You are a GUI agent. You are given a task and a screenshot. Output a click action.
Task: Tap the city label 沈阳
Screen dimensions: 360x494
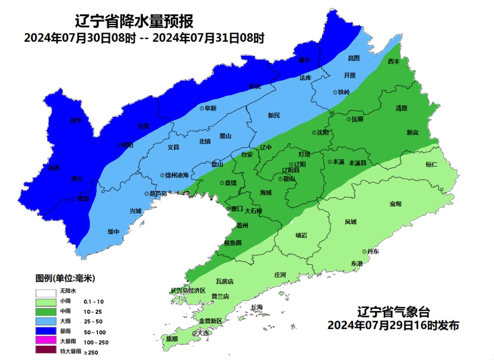[323, 133]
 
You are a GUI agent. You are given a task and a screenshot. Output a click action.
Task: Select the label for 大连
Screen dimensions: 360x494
[202, 333]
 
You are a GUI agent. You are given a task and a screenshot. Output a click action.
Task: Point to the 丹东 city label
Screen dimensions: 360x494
[373, 252]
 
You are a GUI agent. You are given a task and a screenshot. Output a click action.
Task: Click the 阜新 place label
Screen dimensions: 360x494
[210, 108]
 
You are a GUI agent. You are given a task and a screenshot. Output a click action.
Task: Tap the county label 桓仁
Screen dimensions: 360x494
[431, 164]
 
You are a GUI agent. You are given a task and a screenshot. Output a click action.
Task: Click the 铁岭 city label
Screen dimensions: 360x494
[344, 92]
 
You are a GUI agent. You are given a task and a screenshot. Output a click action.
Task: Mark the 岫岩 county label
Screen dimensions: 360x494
[301, 235]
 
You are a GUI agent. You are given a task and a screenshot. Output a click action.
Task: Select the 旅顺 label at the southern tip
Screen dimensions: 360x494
[172, 339]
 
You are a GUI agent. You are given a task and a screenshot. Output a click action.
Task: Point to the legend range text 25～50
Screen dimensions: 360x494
[93, 322]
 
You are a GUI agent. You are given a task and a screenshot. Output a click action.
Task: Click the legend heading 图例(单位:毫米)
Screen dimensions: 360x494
[65, 278]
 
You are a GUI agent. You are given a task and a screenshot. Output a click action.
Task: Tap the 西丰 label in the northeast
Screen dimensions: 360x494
[393, 61]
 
